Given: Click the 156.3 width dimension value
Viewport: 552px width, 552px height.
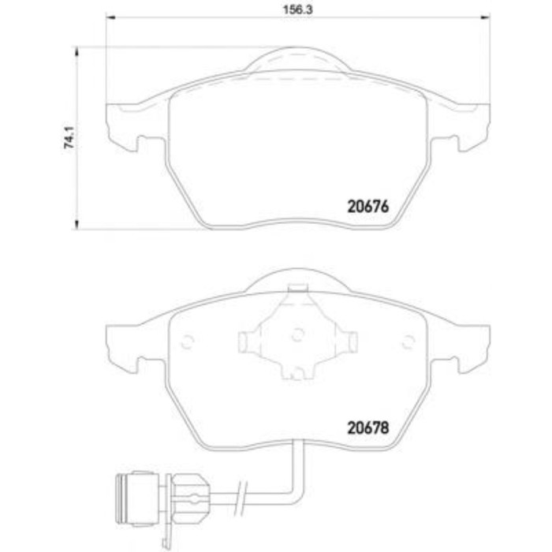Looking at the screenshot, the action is click(297, 9).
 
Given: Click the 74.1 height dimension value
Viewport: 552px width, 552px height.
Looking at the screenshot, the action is click(69, 137).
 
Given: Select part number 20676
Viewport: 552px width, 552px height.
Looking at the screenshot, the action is click(368, 207).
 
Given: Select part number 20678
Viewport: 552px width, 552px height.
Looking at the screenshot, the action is click(368, 427).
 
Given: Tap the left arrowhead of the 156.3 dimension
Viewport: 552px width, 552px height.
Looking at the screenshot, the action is click(110, 17).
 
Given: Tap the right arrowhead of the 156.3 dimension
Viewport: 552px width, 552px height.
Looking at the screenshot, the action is click(486, 17).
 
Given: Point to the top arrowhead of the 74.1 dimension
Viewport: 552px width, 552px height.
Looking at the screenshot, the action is click(76, 51).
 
